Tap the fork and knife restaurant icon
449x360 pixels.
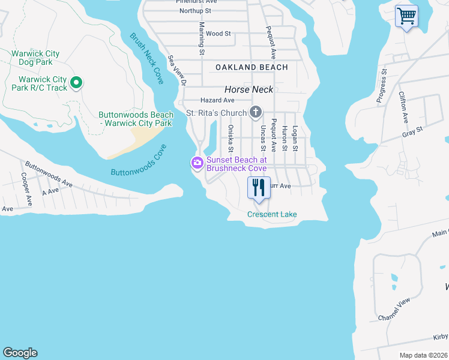pos(259,187)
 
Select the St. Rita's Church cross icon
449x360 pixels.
pos(256,112)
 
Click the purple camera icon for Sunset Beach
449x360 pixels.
pos(197,163)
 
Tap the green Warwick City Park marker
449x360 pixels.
pos(76,83)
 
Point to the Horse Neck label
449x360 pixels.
pos(249,89)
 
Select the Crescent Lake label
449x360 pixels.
pos(272,214)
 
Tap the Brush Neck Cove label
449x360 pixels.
pos(146,58)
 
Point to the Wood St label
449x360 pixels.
pos(218,34)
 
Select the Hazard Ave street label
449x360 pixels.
pos(217,100)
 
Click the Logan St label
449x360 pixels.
pos(295,138)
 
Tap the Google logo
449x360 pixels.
pos(20,353)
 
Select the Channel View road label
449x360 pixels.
pos(394,308)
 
